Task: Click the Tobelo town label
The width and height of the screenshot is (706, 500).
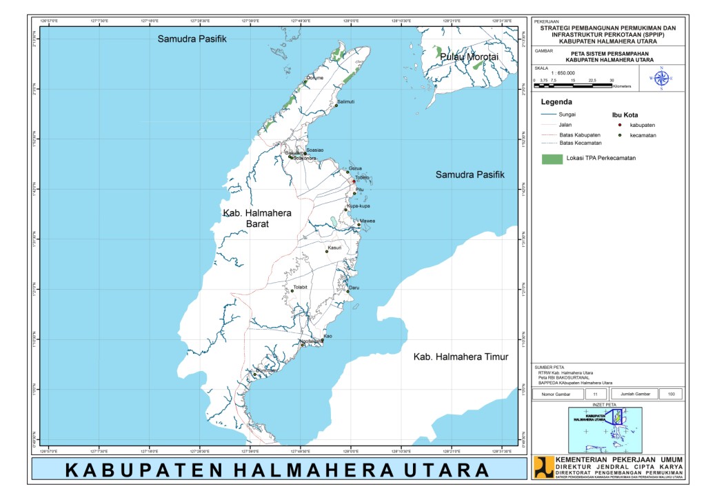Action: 363,177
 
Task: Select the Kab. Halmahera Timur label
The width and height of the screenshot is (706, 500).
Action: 461,357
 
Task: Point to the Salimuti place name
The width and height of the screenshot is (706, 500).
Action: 346,101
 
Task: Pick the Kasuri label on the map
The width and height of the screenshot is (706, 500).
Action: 335,247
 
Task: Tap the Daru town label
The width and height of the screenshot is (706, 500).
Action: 354,287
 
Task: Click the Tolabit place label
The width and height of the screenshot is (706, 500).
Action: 300,287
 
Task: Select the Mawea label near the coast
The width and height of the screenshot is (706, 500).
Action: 367,221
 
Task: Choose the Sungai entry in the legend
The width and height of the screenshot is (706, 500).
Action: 567,114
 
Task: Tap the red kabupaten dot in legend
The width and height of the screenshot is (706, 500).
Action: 621,125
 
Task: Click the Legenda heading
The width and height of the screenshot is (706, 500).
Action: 558,101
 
